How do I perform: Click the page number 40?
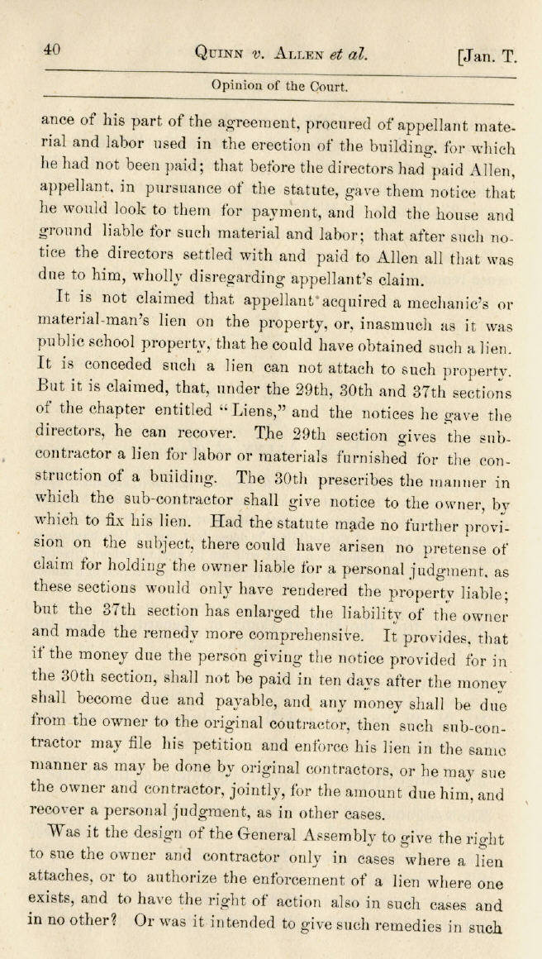[53, 50]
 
